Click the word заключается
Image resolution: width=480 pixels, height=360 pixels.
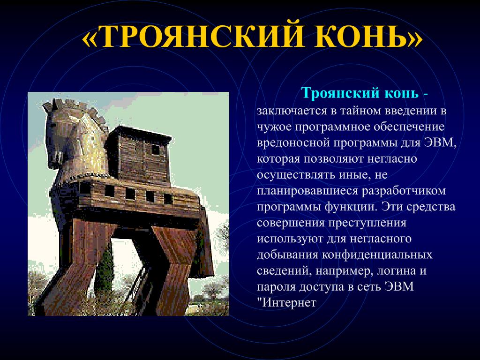point(292,111)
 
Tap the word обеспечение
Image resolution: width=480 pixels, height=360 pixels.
point(409,127)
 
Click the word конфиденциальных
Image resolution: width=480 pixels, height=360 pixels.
point(377,255)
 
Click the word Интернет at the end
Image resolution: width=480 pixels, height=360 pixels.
point(290,303)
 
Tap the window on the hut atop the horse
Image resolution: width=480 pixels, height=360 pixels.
point(156,150)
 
